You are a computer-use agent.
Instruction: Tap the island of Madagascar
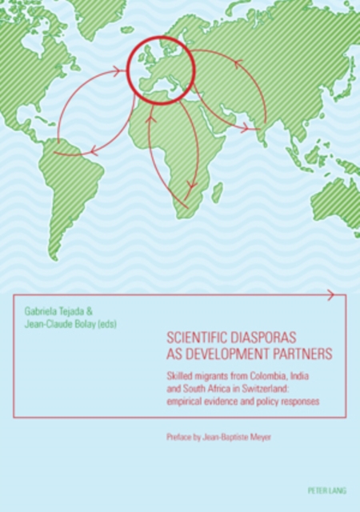coord(217,192)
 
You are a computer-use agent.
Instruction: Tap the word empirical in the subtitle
coord(191,401)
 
